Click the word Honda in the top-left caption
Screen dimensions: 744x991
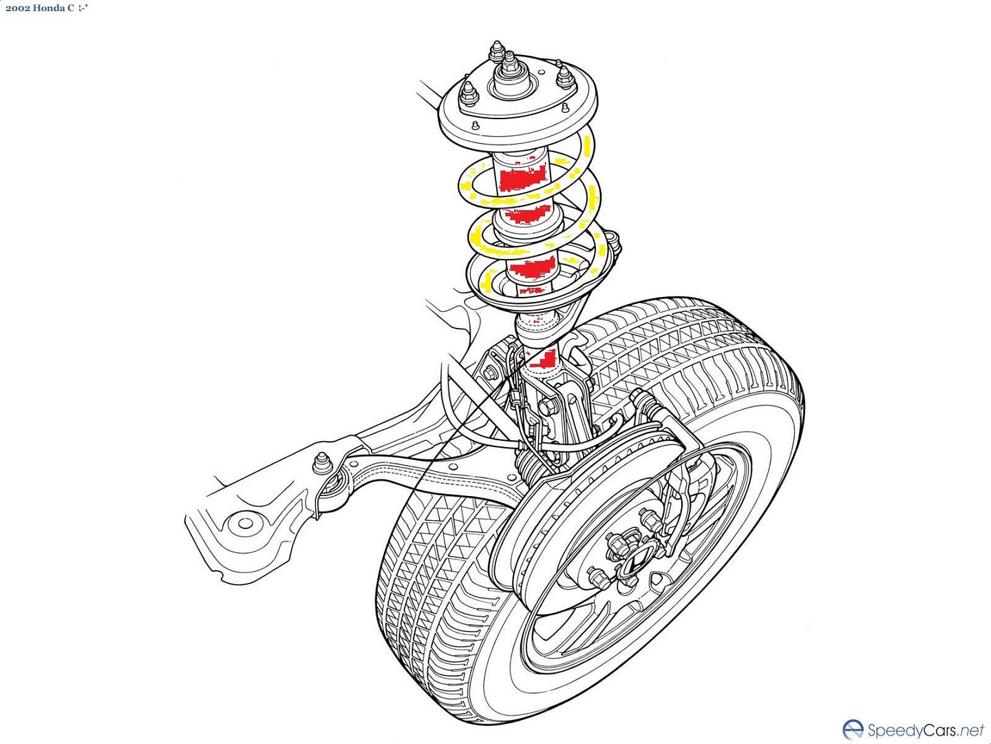click(48, 8)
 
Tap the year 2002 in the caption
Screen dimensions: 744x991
click(17, 8)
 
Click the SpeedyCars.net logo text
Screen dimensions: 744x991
click(926, 730)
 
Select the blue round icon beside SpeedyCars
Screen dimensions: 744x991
click(853, 730)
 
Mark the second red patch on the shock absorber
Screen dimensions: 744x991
click(528, 216)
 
